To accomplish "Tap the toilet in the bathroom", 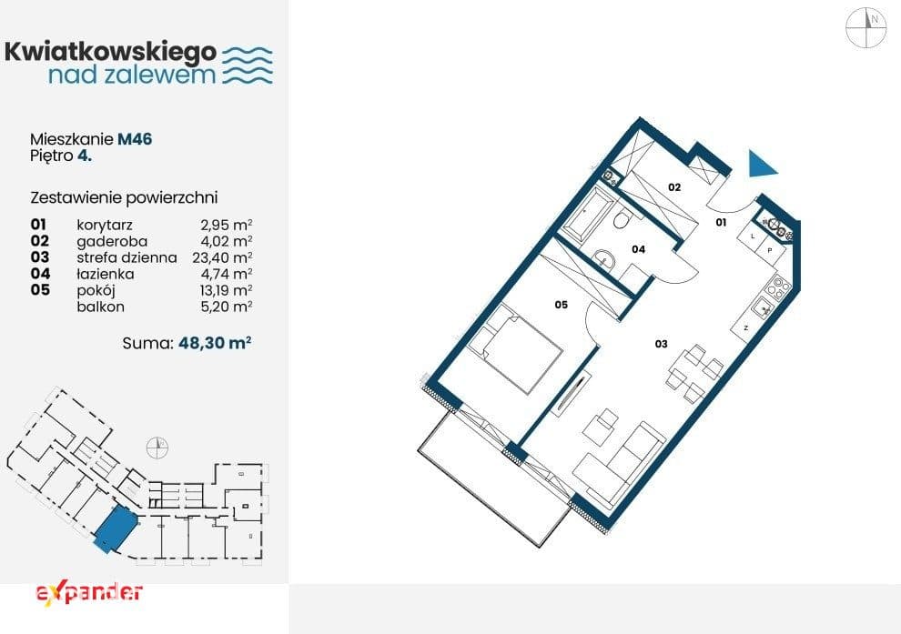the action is [623, 219].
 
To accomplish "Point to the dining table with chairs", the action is [694, 373].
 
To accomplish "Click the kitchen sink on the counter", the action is [763, 308].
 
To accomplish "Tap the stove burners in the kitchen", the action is [779, 287].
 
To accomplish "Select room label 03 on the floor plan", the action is [662, 344].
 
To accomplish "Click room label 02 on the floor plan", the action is [674, 187].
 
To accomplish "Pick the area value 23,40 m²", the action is [222, 257].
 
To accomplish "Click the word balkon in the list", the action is [100, 307].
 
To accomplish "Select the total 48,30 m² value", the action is [215, 343].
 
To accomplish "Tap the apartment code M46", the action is [135, 139].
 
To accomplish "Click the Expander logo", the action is [89, 593].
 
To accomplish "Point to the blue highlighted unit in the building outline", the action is [116, 528].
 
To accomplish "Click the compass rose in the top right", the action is [866, 27].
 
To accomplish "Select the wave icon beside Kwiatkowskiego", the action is [247, 65].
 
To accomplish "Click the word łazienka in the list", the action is [106, 274].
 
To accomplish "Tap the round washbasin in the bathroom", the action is [603, 260].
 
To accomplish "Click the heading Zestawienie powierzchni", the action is [124, 197].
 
